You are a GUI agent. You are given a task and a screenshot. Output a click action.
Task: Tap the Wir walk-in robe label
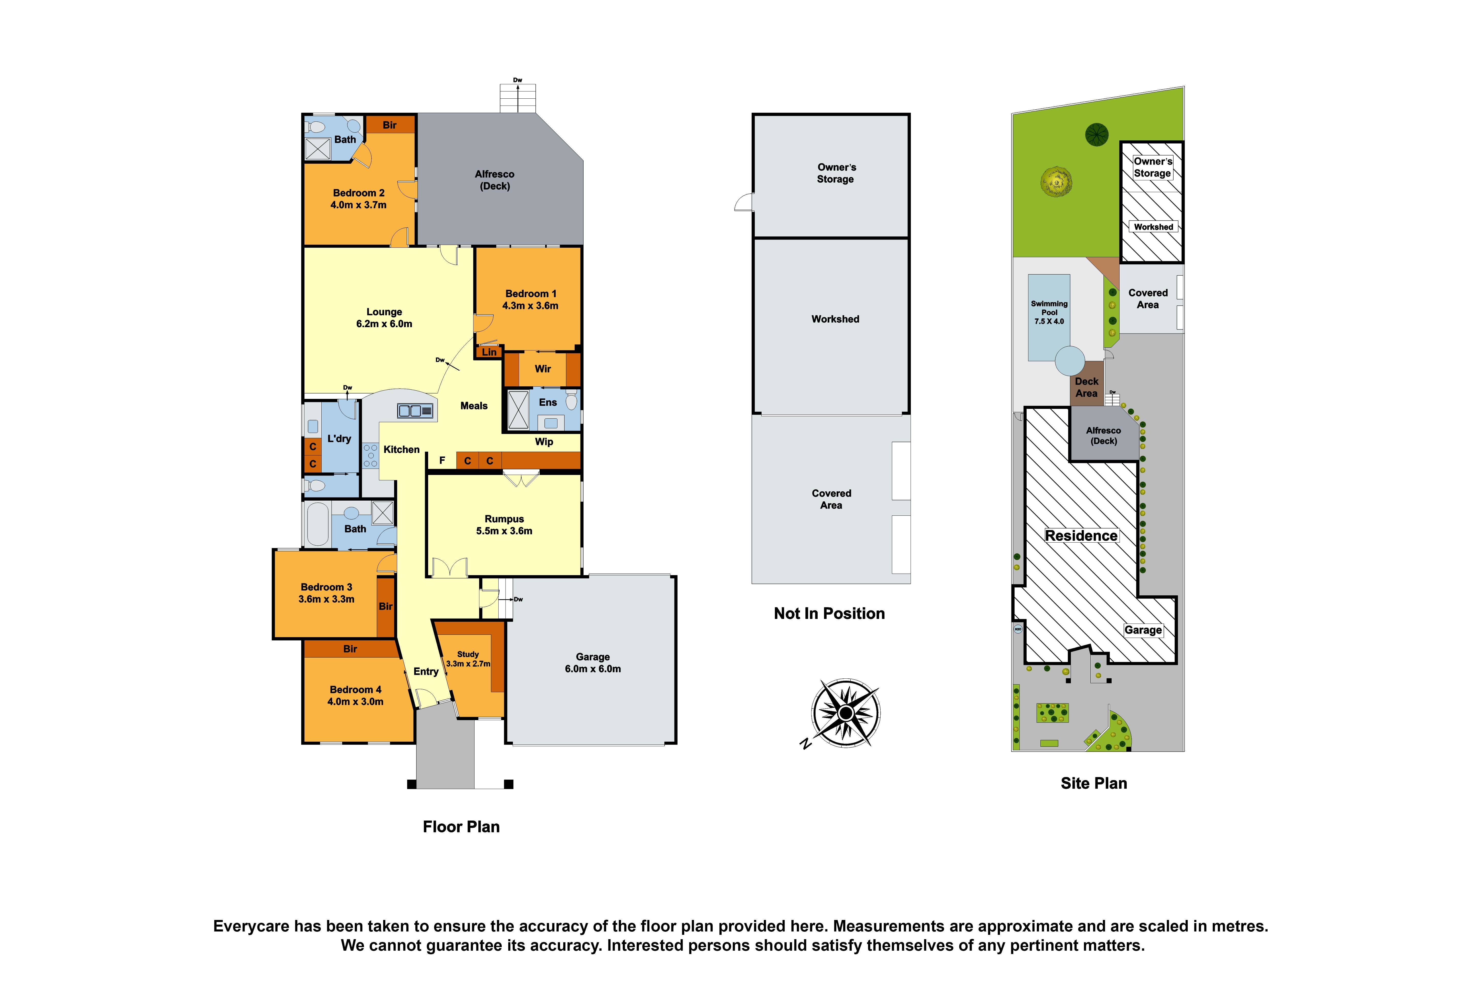(x=543, y=369)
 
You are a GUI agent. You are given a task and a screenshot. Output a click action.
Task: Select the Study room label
(x=468, y=654)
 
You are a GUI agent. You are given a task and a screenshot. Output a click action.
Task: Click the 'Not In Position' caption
(x=829, y=614)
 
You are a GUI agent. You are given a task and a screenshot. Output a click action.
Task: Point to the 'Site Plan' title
(x=1093, y=783)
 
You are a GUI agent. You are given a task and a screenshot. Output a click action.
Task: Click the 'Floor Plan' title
(x=461, y=826)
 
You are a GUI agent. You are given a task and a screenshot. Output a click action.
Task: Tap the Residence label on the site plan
(x=1081, y=535)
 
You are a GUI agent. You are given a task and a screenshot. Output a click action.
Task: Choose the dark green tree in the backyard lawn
(x=1097, y=134)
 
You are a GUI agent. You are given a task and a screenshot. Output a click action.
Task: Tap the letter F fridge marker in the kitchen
(x=442, y=461)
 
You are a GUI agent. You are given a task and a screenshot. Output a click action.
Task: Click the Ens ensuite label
(x=548, y=402)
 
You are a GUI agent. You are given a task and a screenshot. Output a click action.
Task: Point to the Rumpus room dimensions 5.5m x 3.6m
(x=504, y=531)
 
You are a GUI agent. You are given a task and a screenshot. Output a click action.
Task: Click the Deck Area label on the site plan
(x=1087, y=387)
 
